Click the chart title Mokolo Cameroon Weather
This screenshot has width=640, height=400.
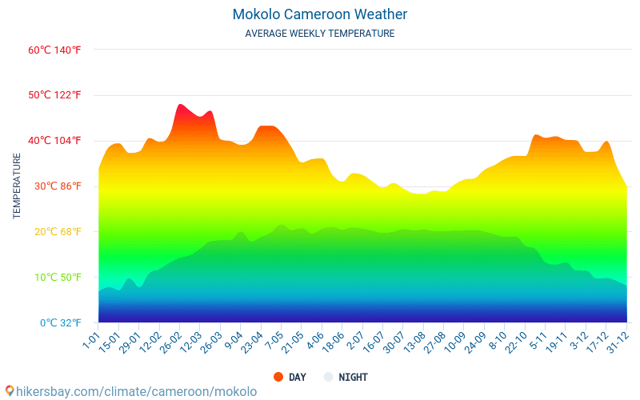[x=320, y=14]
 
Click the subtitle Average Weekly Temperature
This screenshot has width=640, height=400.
[x=320, y=34]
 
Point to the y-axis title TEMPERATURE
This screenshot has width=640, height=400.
[x=17, y=186]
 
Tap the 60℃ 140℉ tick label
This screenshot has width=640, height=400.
[x=54, y=50]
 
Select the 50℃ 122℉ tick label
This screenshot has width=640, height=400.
[x=54, y=95]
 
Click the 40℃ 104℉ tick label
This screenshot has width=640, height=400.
[x=54, y=141]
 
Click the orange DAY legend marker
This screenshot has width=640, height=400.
[x=278, y=377]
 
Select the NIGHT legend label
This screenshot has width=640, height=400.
[x=353, y=377]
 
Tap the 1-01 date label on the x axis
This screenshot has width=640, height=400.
[x=90, y=342]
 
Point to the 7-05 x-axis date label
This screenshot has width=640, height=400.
[x=273, y=342]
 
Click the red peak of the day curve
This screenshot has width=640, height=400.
[x=182, y=106]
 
